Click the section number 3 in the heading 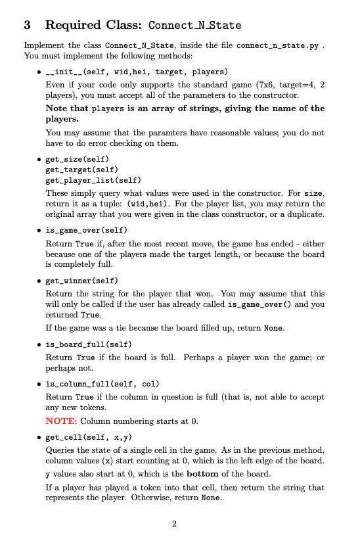point(27,26)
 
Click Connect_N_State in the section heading point(194,26)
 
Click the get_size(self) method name point(77,160)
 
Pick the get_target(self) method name point(82,170)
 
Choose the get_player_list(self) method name point(93,179)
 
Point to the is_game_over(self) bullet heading point(86,230)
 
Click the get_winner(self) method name point(81,281)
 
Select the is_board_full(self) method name point(89,344)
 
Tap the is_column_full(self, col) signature point(103,383)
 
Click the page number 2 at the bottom point(174,524)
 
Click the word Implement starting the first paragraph point(43,46)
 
